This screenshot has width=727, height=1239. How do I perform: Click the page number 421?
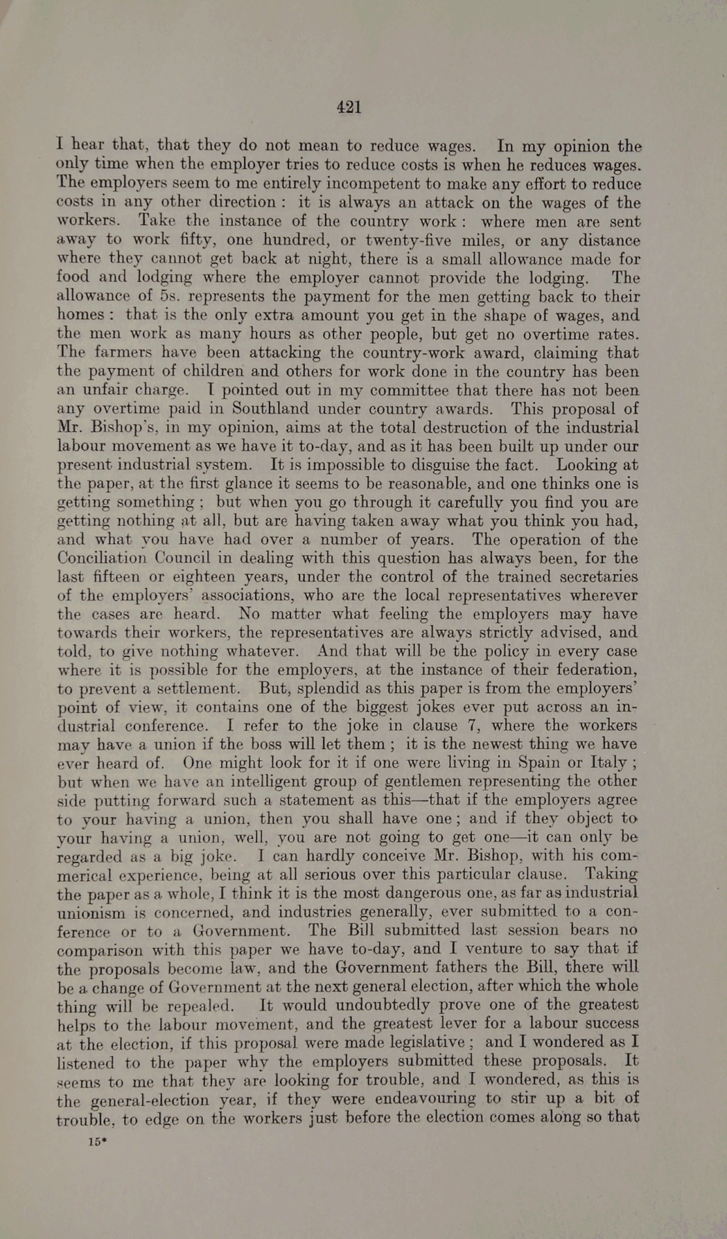click(x=349, y=108)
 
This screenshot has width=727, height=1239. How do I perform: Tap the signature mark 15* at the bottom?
click(x=98, y=1142)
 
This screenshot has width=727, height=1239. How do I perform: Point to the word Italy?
click(x=609, y=763)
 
